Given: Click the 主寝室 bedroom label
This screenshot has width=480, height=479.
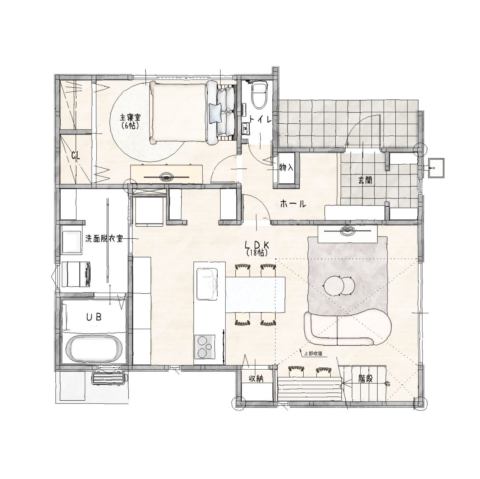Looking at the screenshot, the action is [130, 118].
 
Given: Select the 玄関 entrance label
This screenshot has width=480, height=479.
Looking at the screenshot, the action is [365, 181].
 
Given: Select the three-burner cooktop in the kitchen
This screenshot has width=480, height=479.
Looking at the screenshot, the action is [204, 347].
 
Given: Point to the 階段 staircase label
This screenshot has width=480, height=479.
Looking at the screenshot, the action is [365, 379].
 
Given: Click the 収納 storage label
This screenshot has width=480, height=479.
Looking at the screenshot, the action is [256, 379].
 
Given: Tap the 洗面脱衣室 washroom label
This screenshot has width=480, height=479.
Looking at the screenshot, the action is [104, 239].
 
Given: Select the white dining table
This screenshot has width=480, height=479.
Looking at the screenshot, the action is [255, 294].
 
